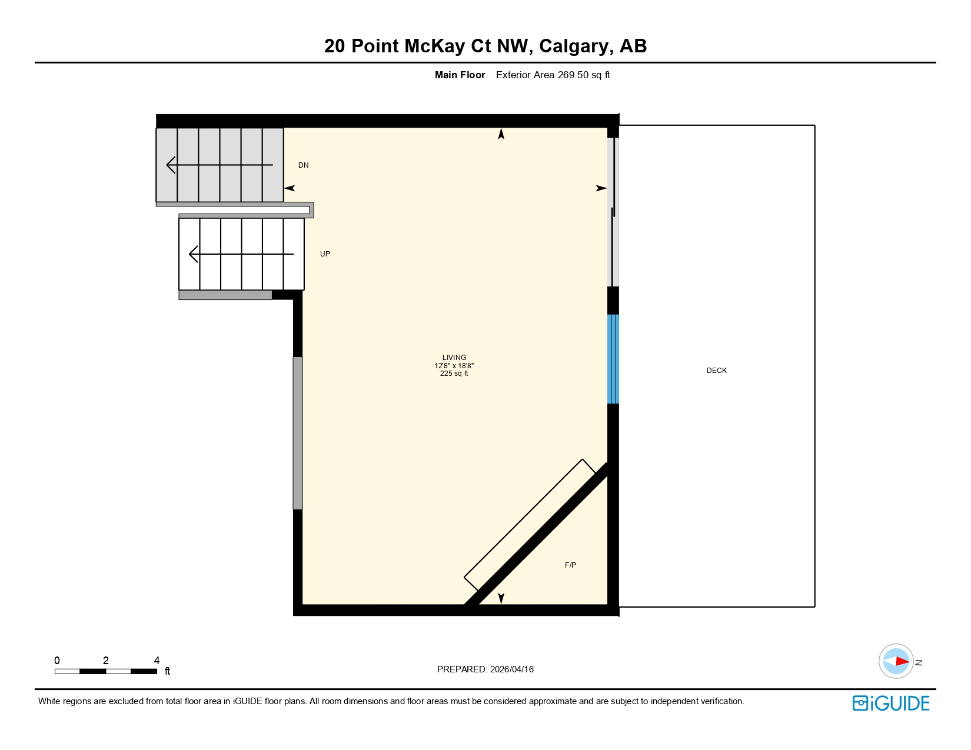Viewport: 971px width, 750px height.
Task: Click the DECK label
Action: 716,371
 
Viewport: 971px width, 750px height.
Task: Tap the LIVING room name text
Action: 454,358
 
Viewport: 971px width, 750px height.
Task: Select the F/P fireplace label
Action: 570,565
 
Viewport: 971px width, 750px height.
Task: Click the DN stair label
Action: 303,165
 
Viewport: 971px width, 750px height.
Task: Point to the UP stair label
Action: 325,254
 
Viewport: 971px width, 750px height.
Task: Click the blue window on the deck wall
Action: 613,359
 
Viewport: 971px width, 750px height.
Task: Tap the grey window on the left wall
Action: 298,433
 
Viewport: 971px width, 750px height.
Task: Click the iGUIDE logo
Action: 890,704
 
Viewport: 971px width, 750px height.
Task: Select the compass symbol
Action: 896,661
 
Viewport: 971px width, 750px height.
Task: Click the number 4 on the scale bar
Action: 157,661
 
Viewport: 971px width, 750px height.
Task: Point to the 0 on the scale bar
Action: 57,661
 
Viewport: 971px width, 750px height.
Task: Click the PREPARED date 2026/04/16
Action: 511,669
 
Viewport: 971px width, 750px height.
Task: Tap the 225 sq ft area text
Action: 454,374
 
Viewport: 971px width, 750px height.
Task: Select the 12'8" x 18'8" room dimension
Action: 454,366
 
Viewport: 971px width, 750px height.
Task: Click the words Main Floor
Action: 460,75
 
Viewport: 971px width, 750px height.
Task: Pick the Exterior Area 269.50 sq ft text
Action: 553,75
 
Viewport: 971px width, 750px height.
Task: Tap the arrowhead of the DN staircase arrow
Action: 169,165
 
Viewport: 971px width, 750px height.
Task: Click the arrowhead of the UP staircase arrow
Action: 191,254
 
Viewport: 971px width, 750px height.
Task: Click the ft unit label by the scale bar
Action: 167,671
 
